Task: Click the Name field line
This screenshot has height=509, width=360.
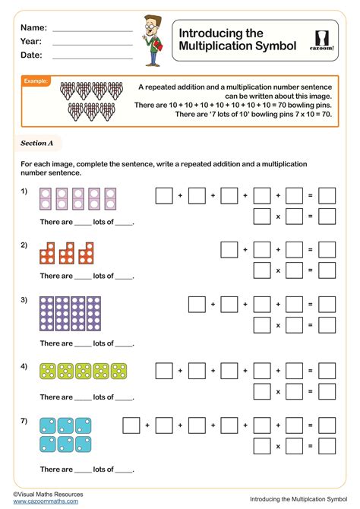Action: point(92,30)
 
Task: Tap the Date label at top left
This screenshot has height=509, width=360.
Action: point(31,55)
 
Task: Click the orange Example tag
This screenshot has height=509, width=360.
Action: point(36,81)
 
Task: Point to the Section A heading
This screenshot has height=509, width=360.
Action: point(36,143)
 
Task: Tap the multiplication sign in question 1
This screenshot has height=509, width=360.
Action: point(279,217)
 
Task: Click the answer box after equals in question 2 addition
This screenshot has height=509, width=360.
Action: point(327,249)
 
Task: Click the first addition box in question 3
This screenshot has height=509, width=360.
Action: point(196,305)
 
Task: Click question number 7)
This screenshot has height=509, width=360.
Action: point(24,419)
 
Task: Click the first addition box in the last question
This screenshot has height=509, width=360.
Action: point(131,424)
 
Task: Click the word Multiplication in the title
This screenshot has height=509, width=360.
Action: point(215,47)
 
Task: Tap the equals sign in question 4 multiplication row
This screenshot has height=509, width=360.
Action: point(311,392)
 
